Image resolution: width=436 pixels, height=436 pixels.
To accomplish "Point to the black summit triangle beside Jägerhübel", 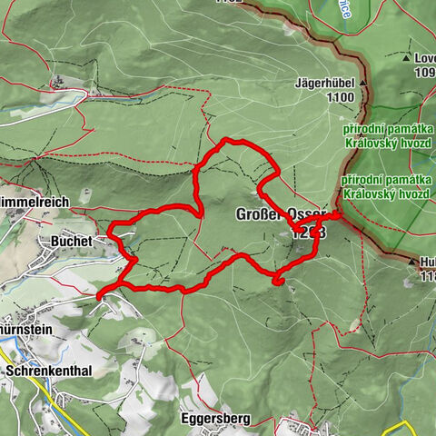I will pyautogui.click(x=362, y=83).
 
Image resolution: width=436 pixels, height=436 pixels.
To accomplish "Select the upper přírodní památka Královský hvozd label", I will pyautogui.click(x=386, y=136).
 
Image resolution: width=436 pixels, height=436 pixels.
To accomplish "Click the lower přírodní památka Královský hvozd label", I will pyautogui.click(x=386, y=188).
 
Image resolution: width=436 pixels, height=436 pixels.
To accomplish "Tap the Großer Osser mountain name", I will pyautogui.click(x=280, y=213).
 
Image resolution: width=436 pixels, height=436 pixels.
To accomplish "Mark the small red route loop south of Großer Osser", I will pyautogui.click(x=278, y=282).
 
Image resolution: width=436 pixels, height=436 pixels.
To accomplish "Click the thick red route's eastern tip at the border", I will pyautogui.click(x=340, y=215).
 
